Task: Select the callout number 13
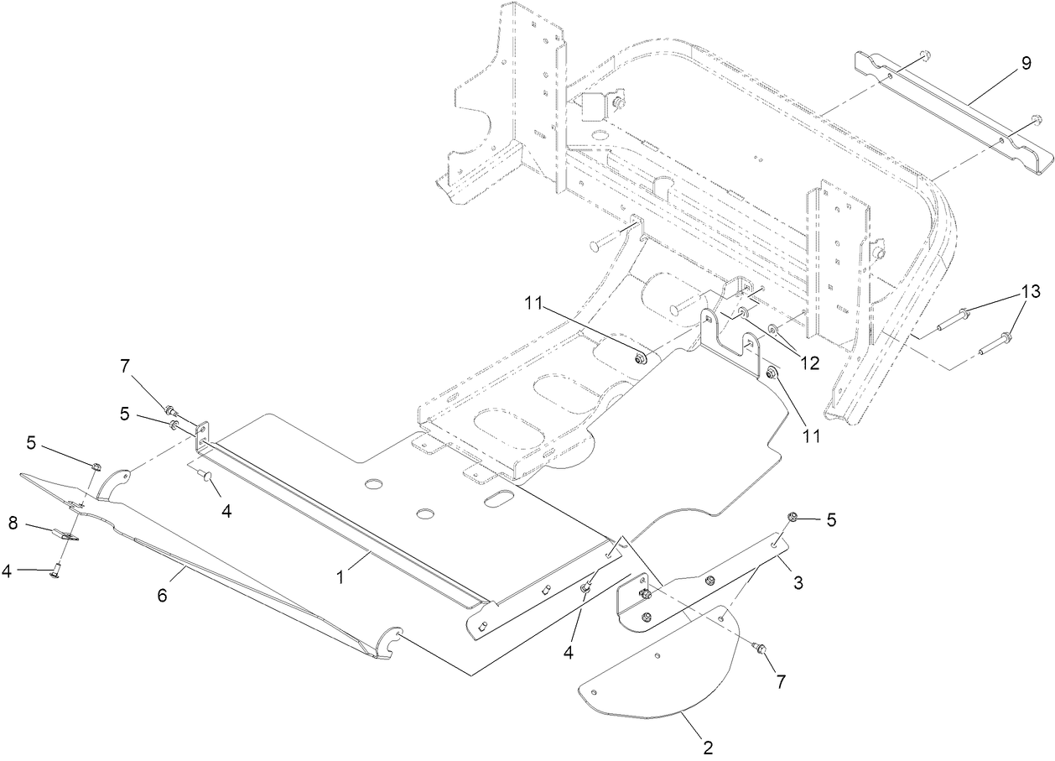[1030, 291]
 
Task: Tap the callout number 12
[808, 362]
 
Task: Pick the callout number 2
[707, 745]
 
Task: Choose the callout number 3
[798, 581]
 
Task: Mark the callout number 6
[163, 595]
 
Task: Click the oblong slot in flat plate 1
[502, 499]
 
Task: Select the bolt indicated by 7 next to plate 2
[759, 647]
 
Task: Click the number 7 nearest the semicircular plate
[780, 681]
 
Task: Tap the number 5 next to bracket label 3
[831, 519]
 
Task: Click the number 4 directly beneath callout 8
[7, 571]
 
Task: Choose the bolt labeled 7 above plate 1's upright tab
[170, 410]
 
